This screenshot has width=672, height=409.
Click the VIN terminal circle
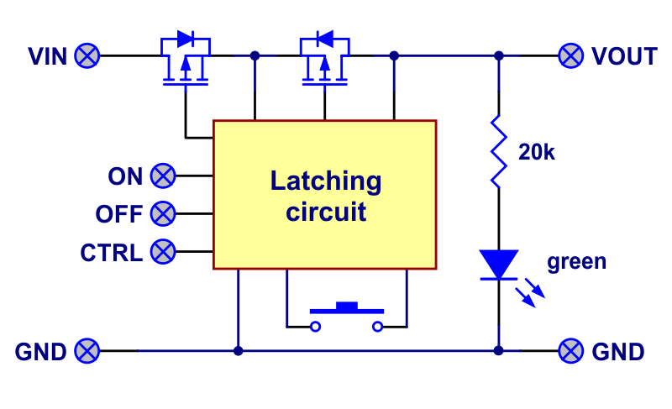87,56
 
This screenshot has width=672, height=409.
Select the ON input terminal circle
163,176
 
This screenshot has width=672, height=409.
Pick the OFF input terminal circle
163,214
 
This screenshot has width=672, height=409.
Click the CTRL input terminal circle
163,251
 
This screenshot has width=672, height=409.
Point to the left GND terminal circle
87,351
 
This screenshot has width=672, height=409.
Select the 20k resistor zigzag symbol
498,151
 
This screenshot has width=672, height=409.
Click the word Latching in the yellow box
325,181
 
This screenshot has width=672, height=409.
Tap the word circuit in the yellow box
326,212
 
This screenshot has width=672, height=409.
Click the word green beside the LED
576,261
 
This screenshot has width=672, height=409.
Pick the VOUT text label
624,56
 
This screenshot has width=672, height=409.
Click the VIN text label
47,56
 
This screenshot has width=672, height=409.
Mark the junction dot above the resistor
498,56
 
